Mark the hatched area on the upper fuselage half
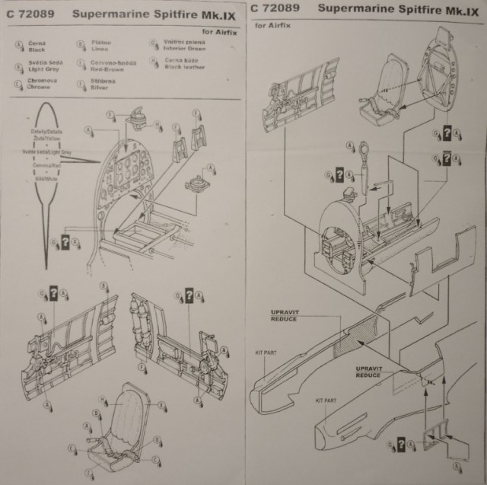352,336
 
